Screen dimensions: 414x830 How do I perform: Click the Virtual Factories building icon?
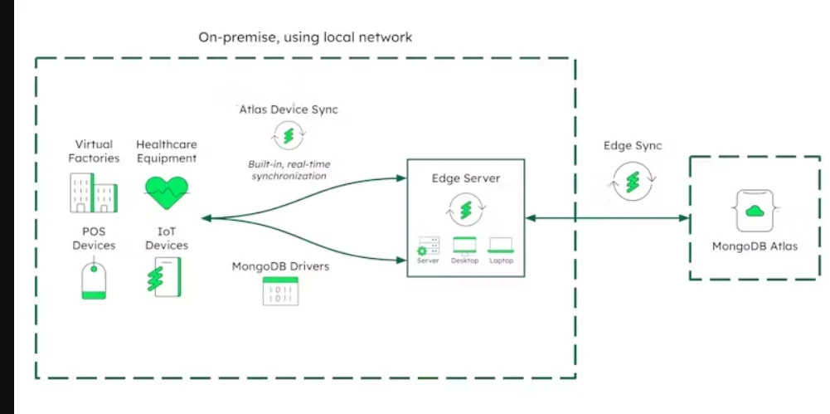[x=91, y=193]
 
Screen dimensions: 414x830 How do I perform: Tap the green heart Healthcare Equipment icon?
[x=167, y=192]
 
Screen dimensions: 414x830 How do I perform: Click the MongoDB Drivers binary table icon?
[x=280, y=290]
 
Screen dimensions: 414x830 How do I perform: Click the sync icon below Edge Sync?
[x=634, y=181]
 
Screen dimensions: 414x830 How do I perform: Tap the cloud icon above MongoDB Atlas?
[x=755, y=212]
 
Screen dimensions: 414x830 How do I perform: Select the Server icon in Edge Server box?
[x=428, y=246]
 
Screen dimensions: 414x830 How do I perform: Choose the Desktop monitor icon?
[x=464, y=246]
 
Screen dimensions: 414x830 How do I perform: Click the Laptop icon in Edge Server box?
[x=501, y=246]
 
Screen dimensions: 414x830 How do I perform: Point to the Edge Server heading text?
[x=465, y=179]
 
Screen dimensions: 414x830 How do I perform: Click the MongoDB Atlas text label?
[x=755, y=246]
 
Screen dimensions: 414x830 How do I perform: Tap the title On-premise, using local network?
[x=305, y=37]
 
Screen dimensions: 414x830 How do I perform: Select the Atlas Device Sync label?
[x=289, y=110]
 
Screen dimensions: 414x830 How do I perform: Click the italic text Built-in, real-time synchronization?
[x=288, y=170]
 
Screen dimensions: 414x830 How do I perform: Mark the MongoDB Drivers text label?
[x=280, y=266]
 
